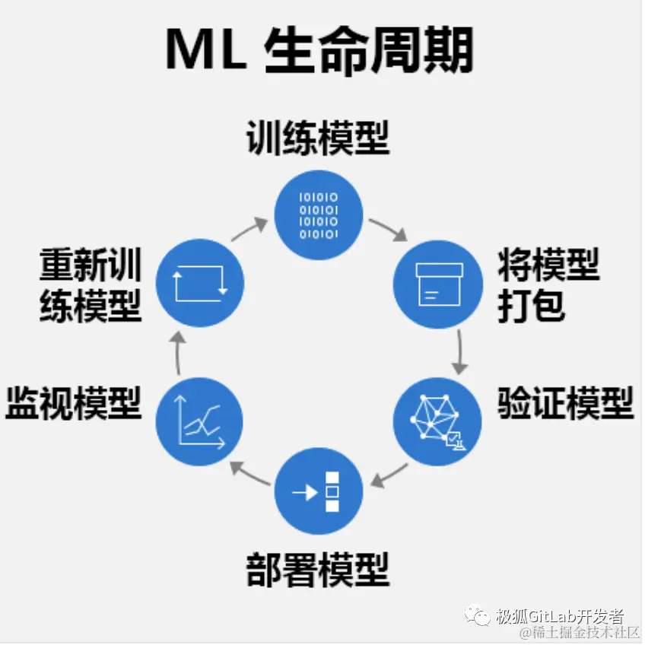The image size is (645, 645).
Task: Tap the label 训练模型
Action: click(318, 138)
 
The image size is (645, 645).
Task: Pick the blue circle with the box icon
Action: click(438, 283)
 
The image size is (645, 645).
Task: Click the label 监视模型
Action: click(74, 402)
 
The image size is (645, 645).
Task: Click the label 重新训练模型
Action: click(91, 284)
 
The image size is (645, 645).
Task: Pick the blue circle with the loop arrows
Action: click(199, 283)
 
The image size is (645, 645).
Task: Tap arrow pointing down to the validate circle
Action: click(459, 351)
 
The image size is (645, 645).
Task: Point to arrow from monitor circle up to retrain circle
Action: click(177, 353)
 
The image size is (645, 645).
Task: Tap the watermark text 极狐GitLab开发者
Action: click(561, 615)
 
